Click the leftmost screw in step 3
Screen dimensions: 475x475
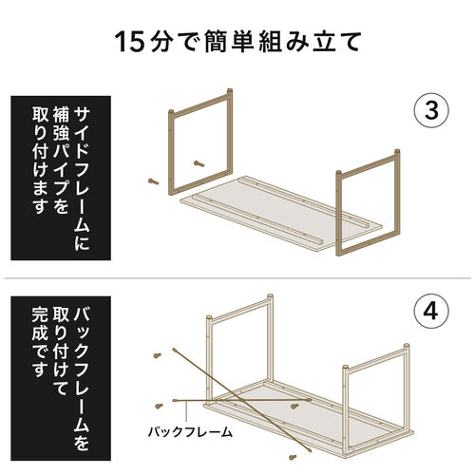[151, 179]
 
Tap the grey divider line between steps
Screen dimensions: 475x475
[237, 278]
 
